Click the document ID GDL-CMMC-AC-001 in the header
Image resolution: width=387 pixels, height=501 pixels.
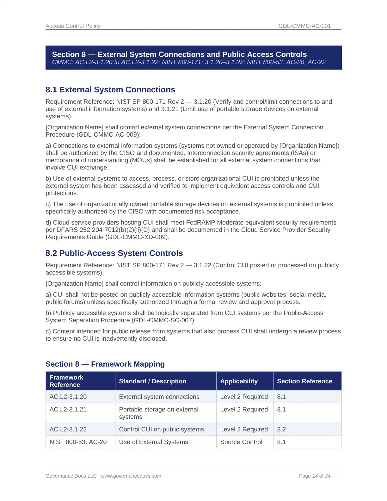coord(304,26)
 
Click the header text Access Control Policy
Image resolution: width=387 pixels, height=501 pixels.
coord(73,26)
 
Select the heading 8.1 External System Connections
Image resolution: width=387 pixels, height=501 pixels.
coord(110,90)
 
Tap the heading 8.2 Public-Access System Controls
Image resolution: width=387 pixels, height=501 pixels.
coord(114,253)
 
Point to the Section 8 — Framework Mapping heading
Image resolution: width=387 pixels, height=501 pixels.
coord(105,364)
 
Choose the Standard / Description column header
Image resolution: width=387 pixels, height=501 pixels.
coord(152,381)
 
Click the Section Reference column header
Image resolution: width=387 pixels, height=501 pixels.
coord(304,381)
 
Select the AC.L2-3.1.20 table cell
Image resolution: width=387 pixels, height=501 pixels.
coord(68,397)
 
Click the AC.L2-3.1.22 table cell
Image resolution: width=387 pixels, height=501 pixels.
coord(68,429)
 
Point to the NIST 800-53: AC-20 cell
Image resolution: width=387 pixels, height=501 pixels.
coord(78,442)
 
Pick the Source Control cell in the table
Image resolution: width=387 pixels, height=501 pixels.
coord(241,442)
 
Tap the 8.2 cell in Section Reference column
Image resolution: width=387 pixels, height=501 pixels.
coord(281,429)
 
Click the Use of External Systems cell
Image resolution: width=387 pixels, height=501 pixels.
coord(153,442)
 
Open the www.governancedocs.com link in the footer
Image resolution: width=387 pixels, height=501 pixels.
coord(131,476)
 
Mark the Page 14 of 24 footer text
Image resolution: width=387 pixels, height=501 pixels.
coord(315,476)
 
